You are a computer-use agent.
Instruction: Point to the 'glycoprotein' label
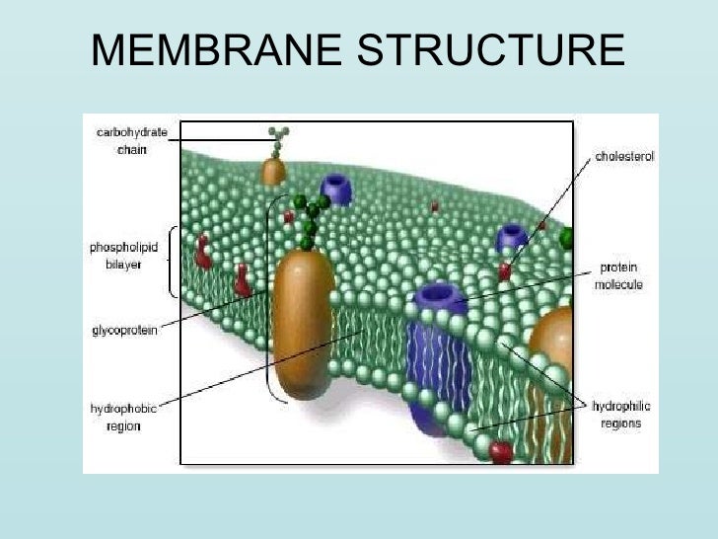[x=124, y=331]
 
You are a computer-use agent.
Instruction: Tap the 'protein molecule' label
[x=618, y=276]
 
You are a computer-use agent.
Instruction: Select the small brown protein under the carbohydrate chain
[x=273, y=170]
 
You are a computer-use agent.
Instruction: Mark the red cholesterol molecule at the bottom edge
[x=501, y=452]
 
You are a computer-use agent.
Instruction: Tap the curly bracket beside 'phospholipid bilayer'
[x=174, y=262]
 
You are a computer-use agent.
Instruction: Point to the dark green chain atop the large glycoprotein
[x=311, y=217]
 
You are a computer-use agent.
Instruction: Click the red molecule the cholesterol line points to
[x=505, y=269]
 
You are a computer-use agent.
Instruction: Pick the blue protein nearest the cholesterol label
[x=512, y=237]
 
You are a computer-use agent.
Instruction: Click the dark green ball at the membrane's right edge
[x=567, y=238]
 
